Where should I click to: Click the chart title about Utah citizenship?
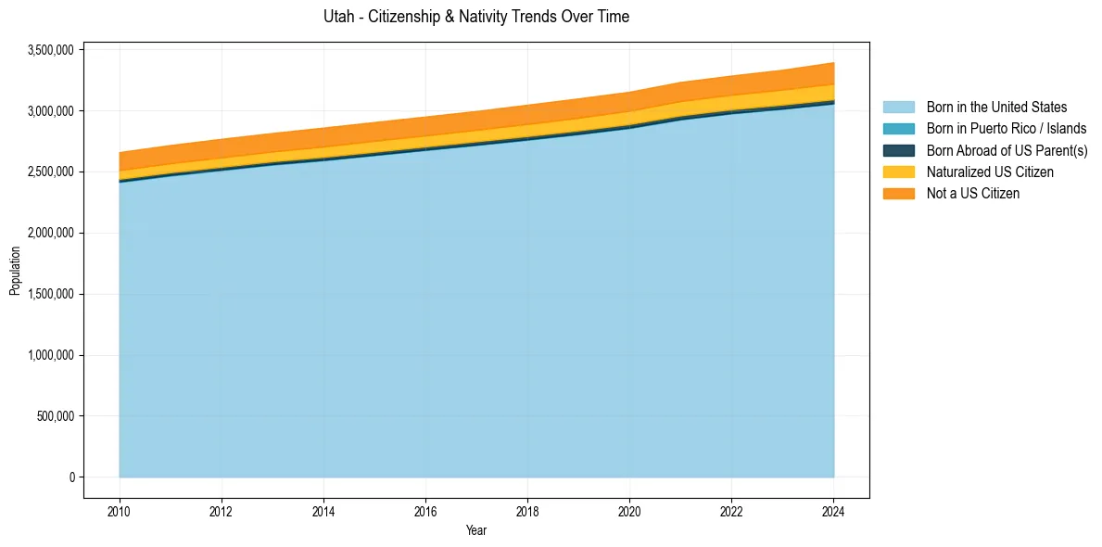pos(476,17)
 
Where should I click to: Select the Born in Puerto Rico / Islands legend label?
pos(1006,129)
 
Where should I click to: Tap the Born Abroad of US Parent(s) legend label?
pos(1007,150)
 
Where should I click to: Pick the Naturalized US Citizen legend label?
pos(990,172)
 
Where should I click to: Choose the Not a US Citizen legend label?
pos(972,194)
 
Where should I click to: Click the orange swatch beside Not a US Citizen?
pos(898,194)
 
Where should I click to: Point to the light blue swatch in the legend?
pos(898,108)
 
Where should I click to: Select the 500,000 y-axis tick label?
pos(55,416)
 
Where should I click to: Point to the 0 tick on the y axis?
pos(70,477)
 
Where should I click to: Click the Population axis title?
pos(15,271)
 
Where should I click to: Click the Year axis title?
pos(476,531)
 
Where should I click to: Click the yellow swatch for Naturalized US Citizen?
pos(898,172)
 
